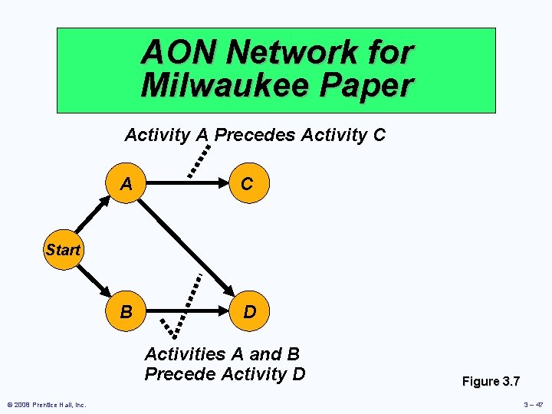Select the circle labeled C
(247, 185)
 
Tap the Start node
(63, 250)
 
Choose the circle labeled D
(249, 312)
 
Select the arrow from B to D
(187, 312)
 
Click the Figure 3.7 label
(490, 381)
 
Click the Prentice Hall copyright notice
(47, 404)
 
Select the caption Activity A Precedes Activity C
(255, 136)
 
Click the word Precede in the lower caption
(179, 373)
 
